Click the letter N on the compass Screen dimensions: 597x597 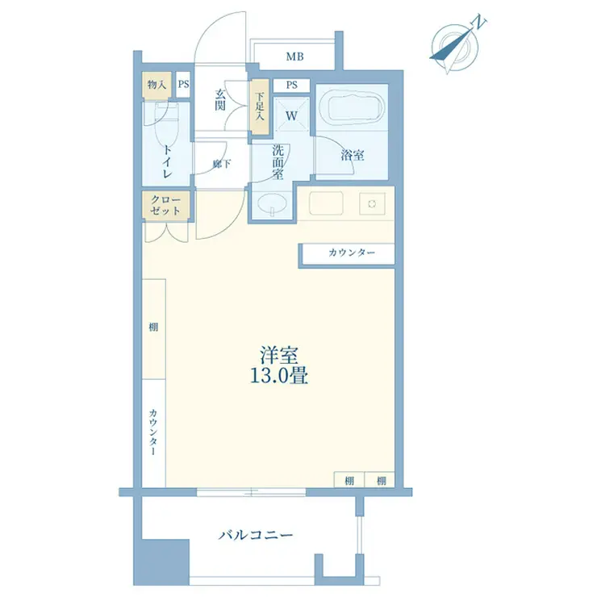(479, 23)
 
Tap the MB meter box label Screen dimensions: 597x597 (294, 56)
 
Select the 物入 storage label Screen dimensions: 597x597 (157, 85)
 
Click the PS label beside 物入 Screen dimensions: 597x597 (183, 84)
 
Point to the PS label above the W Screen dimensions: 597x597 (292, 85)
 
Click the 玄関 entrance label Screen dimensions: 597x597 (220, 100)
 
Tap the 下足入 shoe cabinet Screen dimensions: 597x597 (260, 106)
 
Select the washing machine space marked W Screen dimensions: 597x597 (292, 114)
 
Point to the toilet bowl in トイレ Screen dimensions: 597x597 (166, 122)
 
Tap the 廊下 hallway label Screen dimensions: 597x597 (222, 164)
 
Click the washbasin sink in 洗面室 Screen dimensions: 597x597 (272, 205)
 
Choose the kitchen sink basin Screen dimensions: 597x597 (326, 203)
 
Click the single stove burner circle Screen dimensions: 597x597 (372, 203)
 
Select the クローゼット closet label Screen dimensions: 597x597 (165, 205)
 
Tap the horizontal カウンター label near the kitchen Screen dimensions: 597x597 (352, 253)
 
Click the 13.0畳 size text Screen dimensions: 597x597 (278, 376)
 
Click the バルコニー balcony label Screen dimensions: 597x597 (256, 536)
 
